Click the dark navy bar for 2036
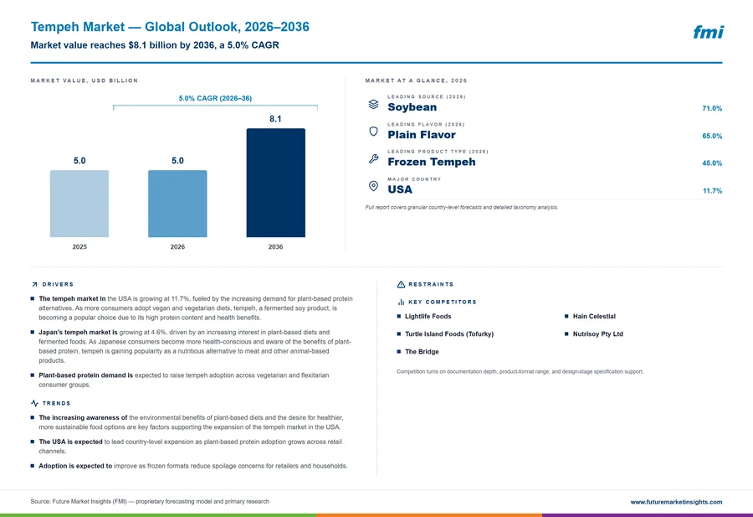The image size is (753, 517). tap(275, 183)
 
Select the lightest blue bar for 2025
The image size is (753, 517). tap(79, 204)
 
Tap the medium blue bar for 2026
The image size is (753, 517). tap(177, 204)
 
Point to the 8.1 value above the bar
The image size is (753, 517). tap(275, 119)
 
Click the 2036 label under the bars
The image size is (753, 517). tap(275, 246)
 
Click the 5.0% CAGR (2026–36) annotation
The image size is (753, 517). tap(215, 98)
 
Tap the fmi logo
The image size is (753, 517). tap(709, 32)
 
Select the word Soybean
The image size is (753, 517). tap(412, 107)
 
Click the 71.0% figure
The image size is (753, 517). tap(712, 108)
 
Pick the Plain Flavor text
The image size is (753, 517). tap(422, 135)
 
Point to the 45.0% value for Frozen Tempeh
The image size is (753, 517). tap(712, 163)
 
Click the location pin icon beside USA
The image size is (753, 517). tap(373, 186)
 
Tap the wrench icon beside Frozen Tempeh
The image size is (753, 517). tap(373, 158)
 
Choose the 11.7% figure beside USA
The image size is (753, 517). tap(712, 191)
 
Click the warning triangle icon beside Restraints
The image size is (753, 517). tap(401, 284)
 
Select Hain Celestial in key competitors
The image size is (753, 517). tap(594, 317)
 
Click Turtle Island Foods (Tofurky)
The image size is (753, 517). tap(449, 333)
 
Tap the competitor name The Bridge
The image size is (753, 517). tap(422, 352)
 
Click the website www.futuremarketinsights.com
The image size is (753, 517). tap(676, 502)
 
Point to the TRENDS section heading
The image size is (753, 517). tap(56, 403)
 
